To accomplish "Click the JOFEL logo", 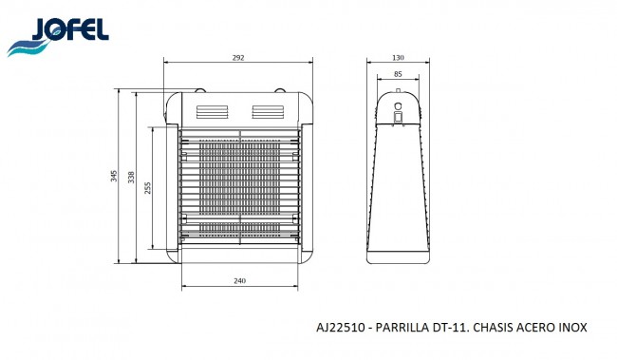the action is click(58, 36).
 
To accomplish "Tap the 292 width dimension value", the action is click(238, 58).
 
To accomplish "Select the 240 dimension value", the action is click(239, 281).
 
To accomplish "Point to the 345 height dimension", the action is click(114, 176).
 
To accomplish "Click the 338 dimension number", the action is click(131, 178).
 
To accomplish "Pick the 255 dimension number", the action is click(147, 188).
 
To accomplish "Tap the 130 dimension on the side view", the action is click(398, 58).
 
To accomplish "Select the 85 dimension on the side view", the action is click(398, 74).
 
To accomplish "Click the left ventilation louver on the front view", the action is click(213, 112).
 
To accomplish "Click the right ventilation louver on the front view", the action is click(268, 112).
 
